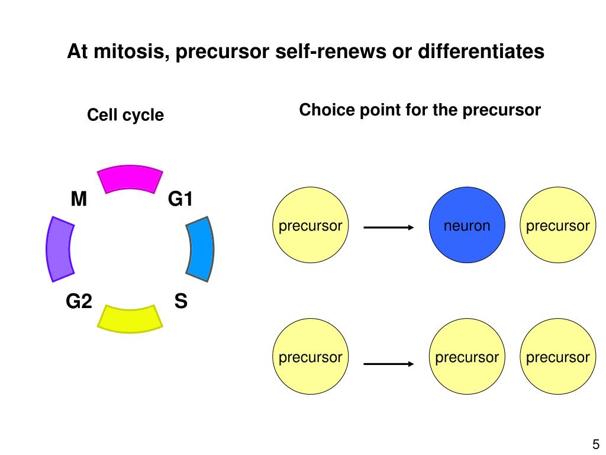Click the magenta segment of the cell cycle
coord(130,178)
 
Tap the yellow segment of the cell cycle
coord(130,319)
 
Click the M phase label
coord(79,199)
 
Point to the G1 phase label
coord(180,199)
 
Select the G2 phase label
coord(79,301)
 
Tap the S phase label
coord(181,301)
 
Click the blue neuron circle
coord(467,225)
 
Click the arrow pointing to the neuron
coord(389,227)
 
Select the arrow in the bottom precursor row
coord(389,364)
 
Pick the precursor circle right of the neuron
coord(557,225)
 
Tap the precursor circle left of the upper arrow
coord(310,225)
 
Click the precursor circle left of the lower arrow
coord(310,357)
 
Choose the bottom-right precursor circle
coord(557,357)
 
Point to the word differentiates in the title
coord(481,51)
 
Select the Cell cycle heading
coord(125,116)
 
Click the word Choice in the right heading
coord(327,110)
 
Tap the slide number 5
coord(596,444)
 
